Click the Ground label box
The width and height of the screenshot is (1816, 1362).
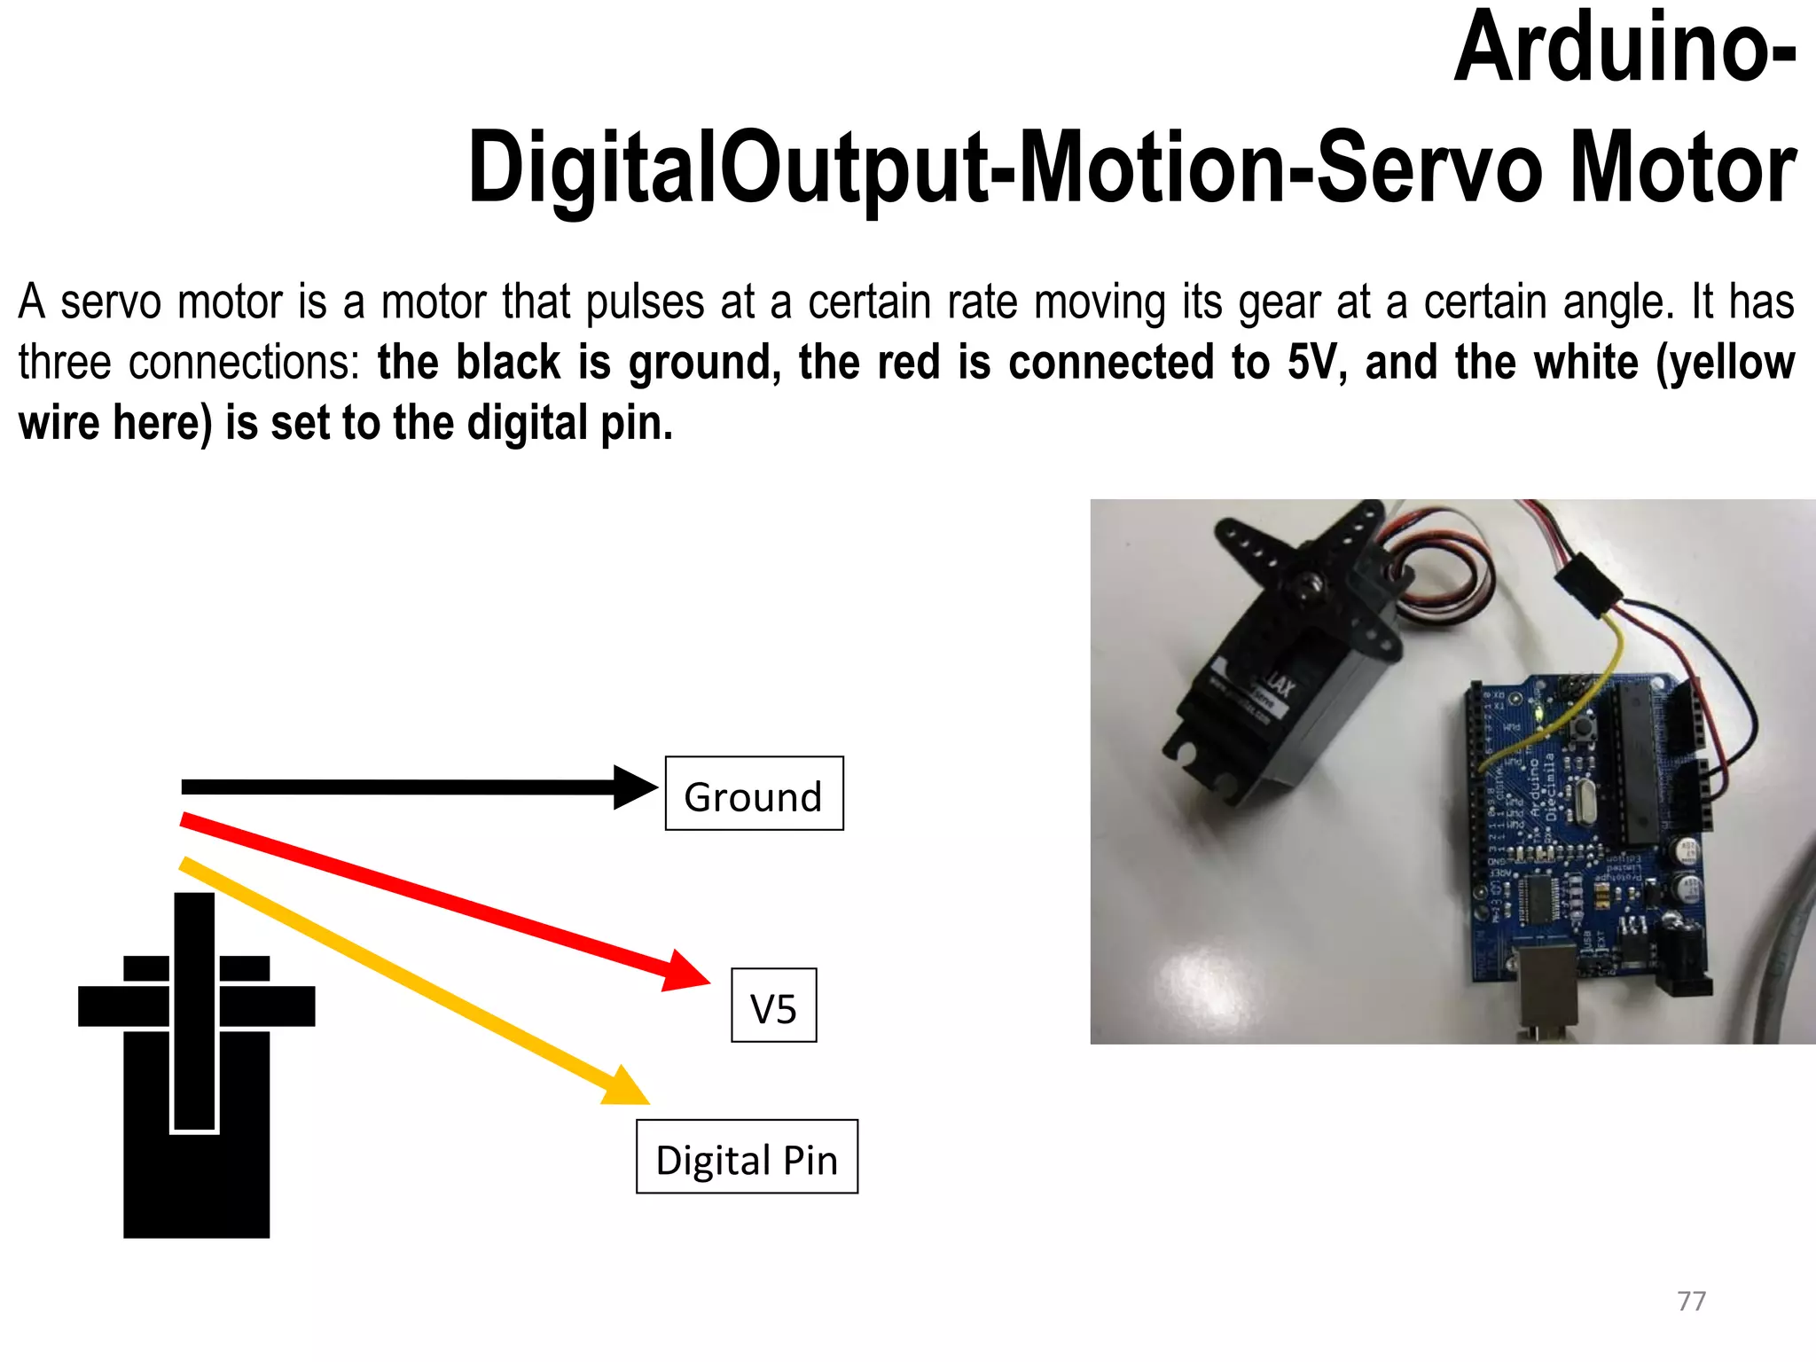754,794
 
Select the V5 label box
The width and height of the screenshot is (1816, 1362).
773,1006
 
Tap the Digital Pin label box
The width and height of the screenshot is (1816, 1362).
747,1157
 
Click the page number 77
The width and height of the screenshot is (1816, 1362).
1691,1301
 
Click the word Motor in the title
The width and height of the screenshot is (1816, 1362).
1682,168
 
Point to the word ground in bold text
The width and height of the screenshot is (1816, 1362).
704,363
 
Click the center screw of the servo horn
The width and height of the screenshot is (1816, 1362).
1307,584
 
